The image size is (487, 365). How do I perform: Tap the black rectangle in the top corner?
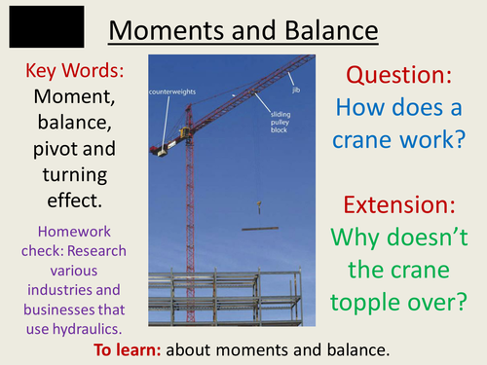[x=46, y=27]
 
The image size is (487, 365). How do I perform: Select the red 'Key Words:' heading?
[x=73, y=72]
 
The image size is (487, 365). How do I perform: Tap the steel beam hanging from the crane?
[x=257, y=230]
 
